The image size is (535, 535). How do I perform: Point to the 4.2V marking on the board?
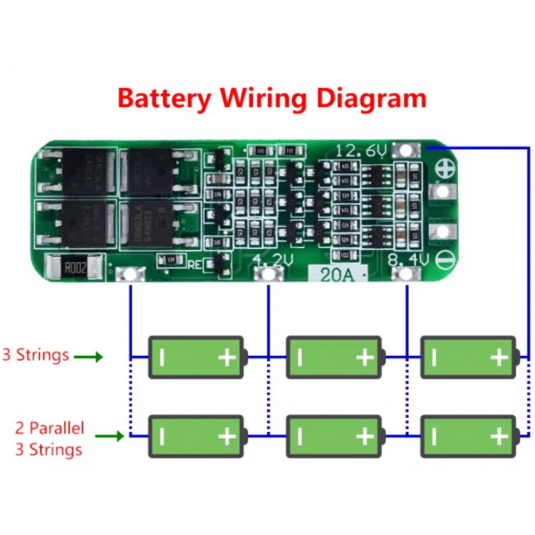pos(272,261)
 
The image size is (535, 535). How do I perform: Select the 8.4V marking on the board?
pos(409,261)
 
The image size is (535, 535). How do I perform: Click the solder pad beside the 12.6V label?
pos(406,150)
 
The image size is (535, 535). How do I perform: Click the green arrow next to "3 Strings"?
pos(88,357)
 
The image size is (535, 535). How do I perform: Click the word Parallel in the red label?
pos(57,428)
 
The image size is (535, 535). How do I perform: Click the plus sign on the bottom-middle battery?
pos(364,437)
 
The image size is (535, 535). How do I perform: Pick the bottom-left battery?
pos(197,437)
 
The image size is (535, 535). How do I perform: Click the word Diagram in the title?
pos(368,99)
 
